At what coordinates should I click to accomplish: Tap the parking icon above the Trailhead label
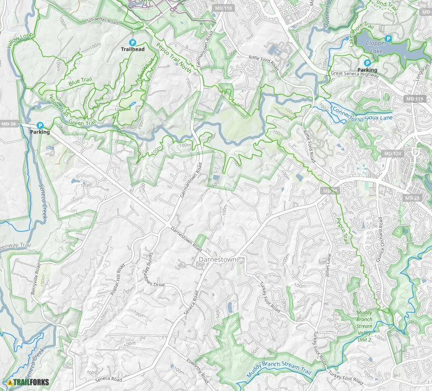tap(132, 43)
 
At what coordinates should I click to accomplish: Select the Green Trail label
tap(82, 122)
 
